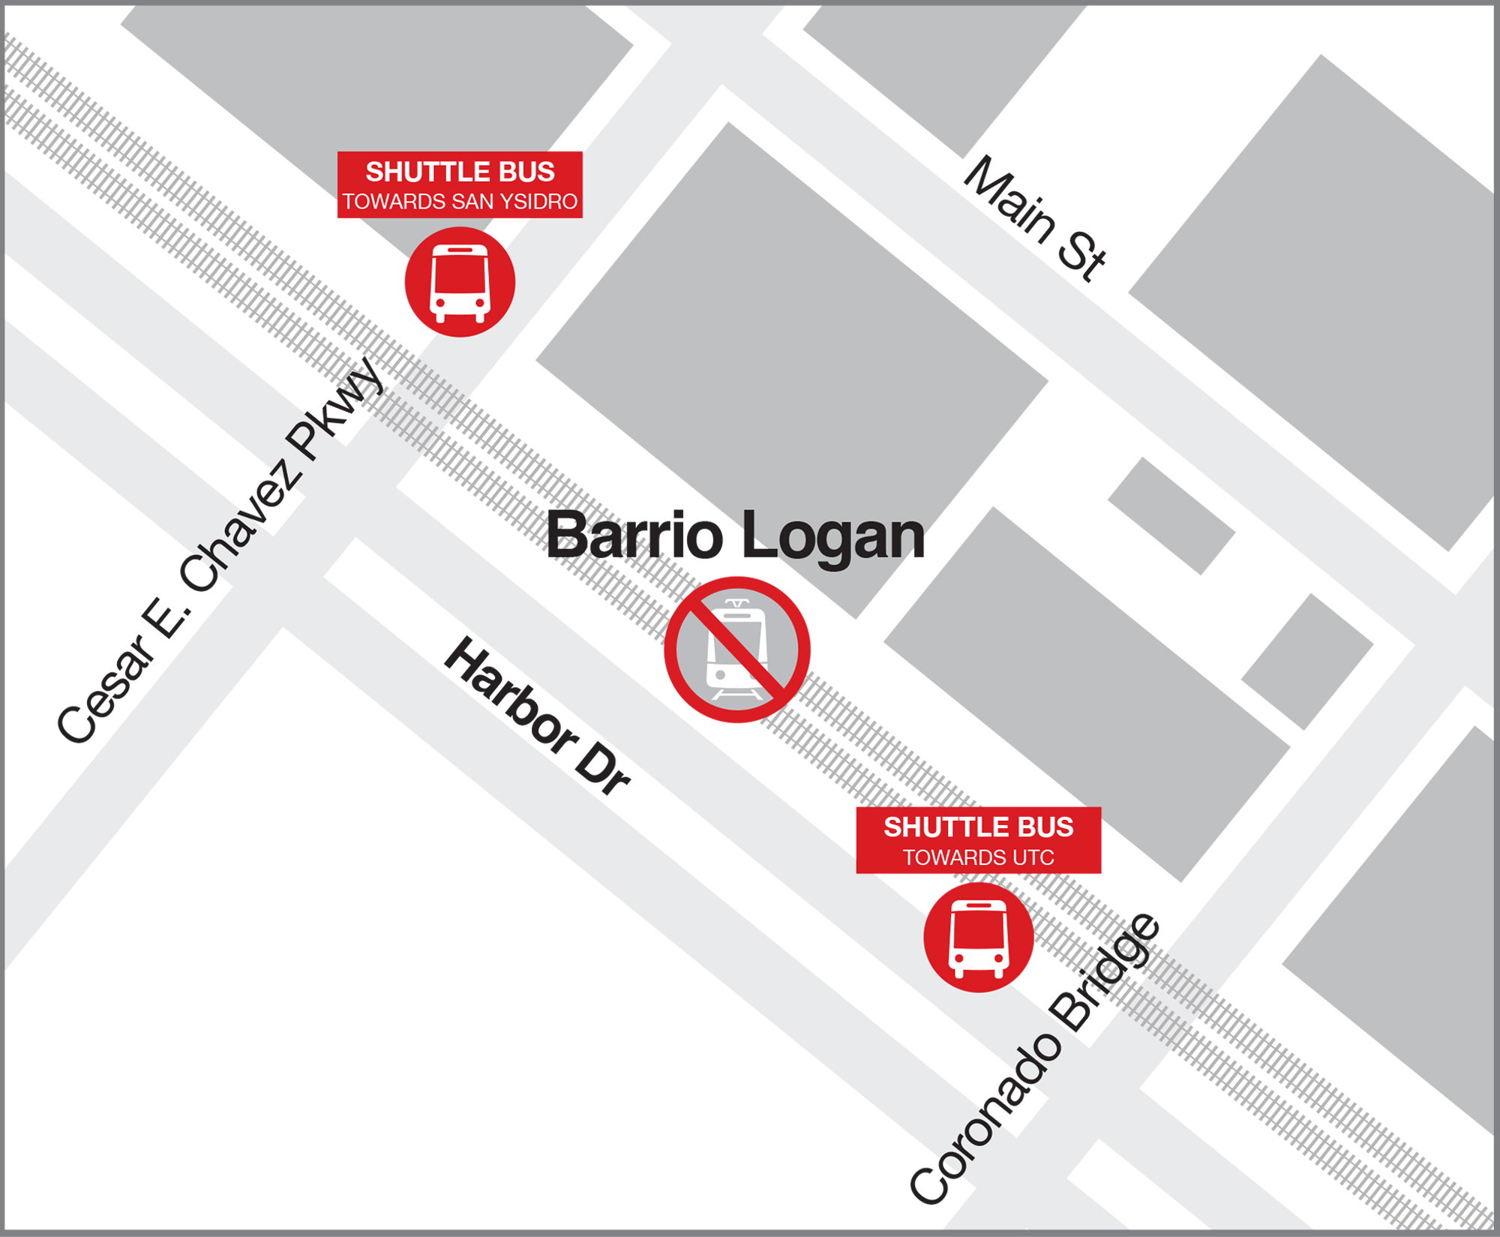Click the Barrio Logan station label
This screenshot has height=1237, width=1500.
(735, 536)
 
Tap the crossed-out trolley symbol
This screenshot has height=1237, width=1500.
(736, 650)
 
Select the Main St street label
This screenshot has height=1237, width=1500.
(1035, 218)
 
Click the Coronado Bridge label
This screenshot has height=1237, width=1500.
(1035, 1058)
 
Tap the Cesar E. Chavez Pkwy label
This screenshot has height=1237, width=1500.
(220, 551)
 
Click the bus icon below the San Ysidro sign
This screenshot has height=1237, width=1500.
(460, 282)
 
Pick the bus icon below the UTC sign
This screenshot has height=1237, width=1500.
(978, 938)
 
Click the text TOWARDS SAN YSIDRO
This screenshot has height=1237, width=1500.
(460, 202)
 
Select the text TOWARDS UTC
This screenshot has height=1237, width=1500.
(978, 857)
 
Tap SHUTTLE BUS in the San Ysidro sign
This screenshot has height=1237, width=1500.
(460, 172)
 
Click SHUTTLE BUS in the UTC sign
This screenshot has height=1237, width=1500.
(978, 827)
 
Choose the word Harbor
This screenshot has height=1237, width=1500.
(510, 694)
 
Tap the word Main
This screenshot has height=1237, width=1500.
(1009, 199)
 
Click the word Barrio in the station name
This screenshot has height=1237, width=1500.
(634, 536)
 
